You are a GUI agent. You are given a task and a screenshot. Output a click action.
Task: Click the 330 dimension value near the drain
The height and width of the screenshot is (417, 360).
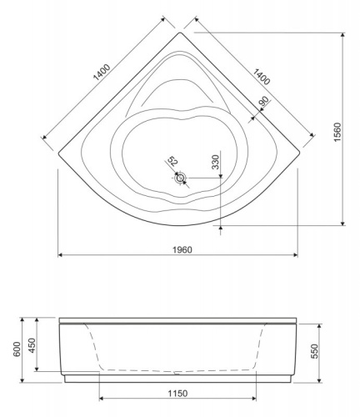(x=216, y=163)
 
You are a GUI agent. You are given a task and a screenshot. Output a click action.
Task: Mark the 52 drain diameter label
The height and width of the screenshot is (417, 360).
(x=172, y=160)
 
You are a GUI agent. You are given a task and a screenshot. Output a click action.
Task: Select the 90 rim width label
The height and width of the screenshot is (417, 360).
(x=263, y=103)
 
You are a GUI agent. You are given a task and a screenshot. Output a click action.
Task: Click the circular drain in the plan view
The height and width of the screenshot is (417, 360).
(x=181, y=177)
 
